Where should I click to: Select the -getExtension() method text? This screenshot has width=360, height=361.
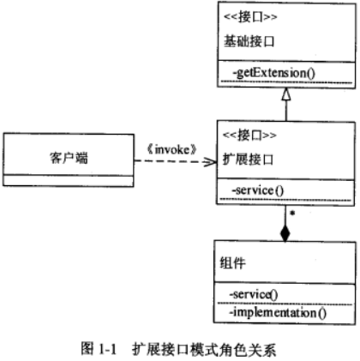point(268,73)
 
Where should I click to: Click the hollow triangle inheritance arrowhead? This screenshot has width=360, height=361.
point(285,94)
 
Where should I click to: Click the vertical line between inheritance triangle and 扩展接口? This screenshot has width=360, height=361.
point(285,112)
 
